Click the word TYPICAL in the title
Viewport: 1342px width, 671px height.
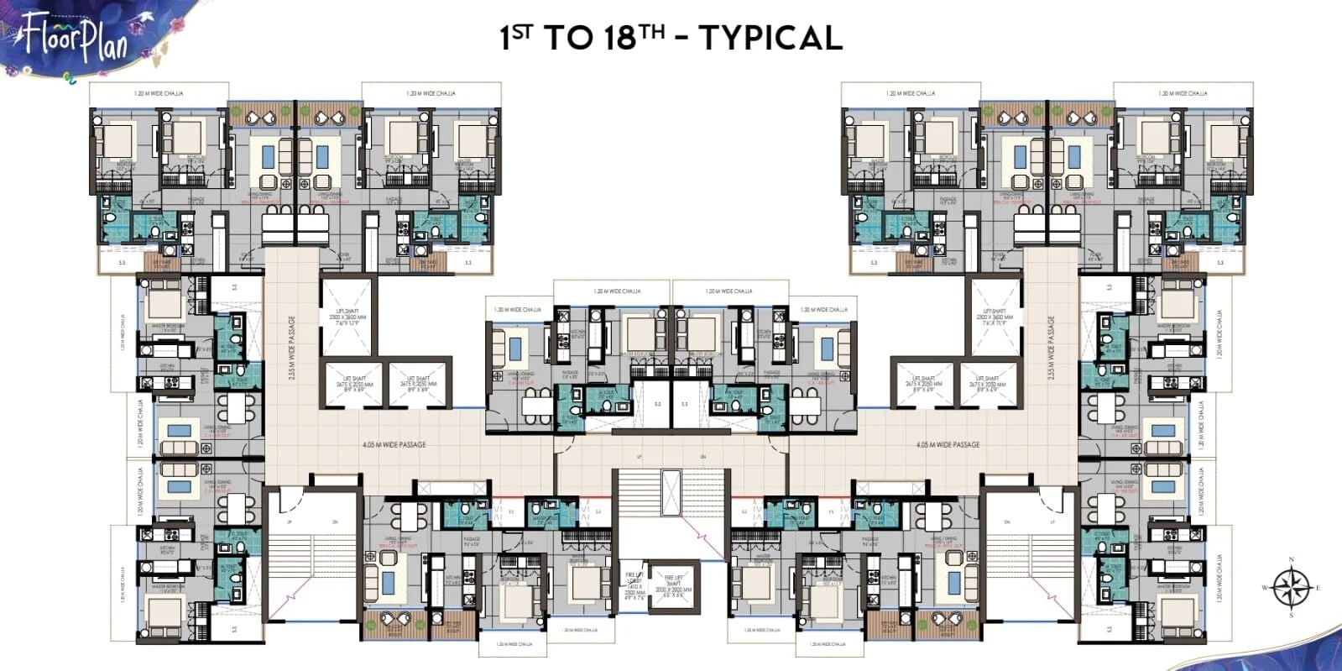770,39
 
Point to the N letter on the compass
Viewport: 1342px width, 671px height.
1291,559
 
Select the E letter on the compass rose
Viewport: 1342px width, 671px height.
1318,588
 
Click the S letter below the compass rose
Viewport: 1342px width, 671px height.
1291,616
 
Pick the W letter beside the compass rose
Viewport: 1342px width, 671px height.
1265,588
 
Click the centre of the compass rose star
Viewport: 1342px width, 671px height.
1291,587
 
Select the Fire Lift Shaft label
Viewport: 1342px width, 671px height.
673,585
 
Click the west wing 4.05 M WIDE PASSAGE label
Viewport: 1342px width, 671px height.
394,444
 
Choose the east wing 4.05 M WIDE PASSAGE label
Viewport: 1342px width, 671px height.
948,444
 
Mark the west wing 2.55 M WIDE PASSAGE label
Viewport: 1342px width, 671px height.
292,347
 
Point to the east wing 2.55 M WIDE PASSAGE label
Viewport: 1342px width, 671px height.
1050,347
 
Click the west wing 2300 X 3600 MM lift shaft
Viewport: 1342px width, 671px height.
346,317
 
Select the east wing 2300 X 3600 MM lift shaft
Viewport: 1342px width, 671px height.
995,317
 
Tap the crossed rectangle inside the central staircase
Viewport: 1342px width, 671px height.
672,493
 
